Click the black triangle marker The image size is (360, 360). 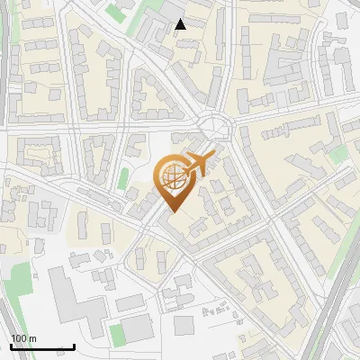point(181,24)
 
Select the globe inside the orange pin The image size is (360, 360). point(173,176)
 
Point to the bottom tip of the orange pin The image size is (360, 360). point(173,212)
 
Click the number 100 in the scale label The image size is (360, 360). point(18,338)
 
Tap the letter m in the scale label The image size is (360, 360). point(32,338)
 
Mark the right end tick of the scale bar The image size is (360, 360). point(74,346)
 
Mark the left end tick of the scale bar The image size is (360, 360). point(11,346)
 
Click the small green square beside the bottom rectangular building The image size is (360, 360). point(116,335)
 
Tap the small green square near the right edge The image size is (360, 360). point(338,155)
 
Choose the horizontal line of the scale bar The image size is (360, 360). point(42,347)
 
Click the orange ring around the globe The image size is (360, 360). point(160,176)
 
